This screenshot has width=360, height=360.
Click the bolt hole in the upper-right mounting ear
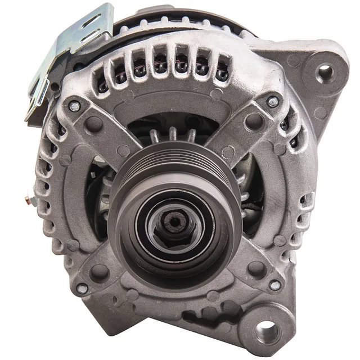click(325, 71)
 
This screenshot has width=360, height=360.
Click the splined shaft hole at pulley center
click(176, 222)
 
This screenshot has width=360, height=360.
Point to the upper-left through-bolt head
click(74, 105)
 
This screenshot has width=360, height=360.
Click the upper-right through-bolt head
click(273, 101)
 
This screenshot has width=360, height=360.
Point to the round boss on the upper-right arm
click(254, 120)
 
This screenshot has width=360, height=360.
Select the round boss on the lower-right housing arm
click(256, 269)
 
